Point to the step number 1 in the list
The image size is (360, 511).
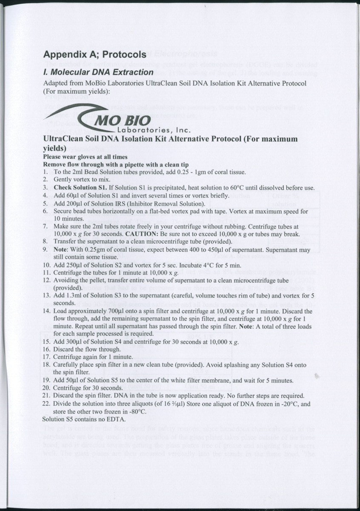tap(46, 172)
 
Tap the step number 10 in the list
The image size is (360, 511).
tap(47, 265)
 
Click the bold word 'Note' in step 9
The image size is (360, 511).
tap(61, 250)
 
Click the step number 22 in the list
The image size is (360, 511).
tap(47, 404)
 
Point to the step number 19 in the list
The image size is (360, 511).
tap(47, 379)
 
